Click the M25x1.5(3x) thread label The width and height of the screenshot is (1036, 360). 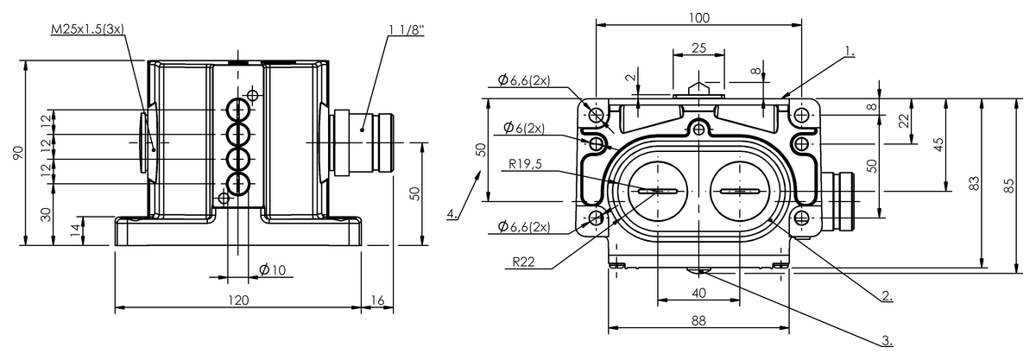coord(88,28)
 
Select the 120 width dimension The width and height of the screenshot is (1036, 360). coord(238,300)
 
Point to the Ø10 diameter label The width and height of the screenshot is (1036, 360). coord(272,270)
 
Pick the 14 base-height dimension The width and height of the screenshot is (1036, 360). coord(75,231)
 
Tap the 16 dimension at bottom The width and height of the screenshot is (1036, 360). coord(376,300)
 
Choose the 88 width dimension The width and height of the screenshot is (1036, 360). coord(698,320)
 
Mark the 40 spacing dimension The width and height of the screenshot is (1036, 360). coord(698,294)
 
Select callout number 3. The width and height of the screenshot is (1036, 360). coord(887,339)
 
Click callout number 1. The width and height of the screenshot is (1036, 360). coord(850,52)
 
